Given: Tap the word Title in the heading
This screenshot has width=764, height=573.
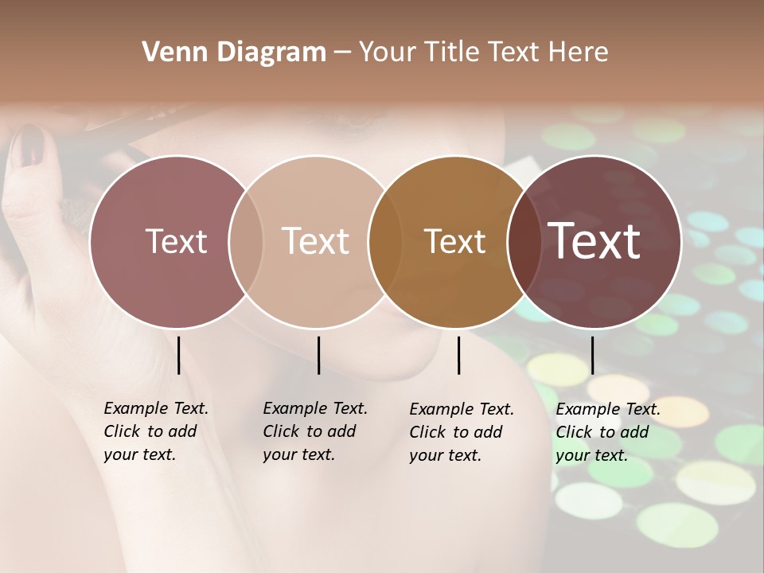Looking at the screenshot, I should (451, 53).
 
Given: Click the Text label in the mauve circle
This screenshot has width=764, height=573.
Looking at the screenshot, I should (176, 241).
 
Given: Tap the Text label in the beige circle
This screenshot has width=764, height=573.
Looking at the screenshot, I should (315, 241).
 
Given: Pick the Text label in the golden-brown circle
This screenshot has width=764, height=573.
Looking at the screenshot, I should (454, 241).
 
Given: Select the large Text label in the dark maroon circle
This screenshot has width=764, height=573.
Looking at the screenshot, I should (594, 241).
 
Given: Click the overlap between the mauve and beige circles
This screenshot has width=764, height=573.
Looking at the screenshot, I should (246, 241).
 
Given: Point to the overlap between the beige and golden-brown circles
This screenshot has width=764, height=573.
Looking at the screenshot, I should (385, 241).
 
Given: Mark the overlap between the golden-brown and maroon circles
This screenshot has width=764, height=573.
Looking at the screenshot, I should (523, 241).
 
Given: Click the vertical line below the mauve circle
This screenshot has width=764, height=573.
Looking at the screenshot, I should (179, 355).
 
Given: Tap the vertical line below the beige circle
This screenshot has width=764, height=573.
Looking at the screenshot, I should (318, 355).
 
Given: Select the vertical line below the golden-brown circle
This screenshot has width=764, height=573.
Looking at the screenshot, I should (459, 355).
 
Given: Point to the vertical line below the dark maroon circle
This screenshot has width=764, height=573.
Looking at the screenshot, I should (592, 355).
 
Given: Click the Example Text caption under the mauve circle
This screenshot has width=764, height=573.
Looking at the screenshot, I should (155, 431).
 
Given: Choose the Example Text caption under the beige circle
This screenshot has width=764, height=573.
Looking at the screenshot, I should (314, 431).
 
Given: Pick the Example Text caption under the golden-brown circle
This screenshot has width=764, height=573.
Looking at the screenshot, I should (461, 432).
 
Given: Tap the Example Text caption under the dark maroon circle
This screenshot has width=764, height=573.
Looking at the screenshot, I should (607, 432).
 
